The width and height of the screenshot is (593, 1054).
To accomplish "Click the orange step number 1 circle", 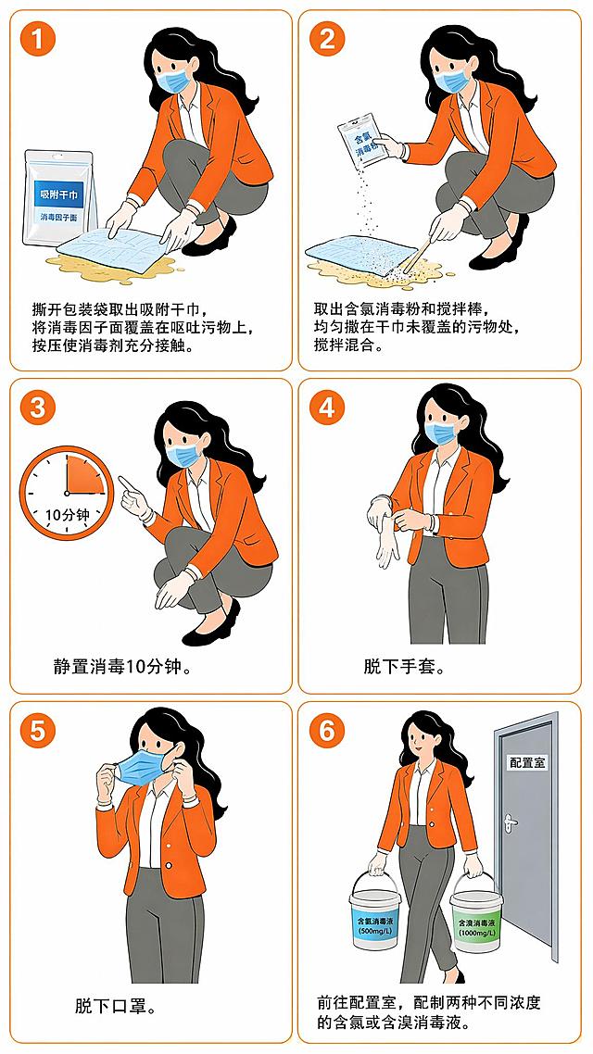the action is [38, 40].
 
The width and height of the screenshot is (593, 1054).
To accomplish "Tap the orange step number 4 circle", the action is [327, 408].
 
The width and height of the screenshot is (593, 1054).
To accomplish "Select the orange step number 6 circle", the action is [327, 731].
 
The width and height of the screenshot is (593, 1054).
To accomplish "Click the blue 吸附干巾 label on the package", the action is [57, 193].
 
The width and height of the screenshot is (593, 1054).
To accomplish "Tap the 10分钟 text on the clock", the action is [67, 516].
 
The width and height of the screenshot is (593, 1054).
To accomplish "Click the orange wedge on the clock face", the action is [82, 476].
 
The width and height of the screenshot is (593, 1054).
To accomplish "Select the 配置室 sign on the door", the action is [528, 762].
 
